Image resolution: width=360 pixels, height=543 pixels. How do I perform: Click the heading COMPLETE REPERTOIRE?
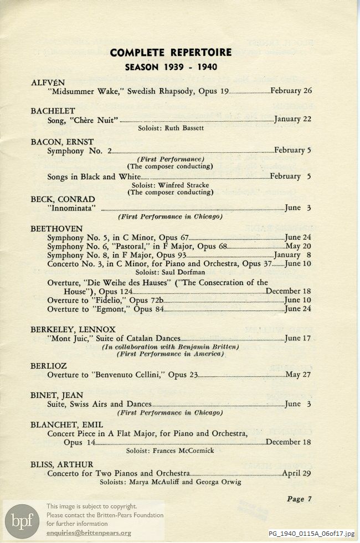tap(171, 53)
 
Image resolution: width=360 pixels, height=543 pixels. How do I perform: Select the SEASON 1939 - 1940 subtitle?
tap(171, 68)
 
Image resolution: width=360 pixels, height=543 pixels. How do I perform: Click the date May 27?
tap(299, 375)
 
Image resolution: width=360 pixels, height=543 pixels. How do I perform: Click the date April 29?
tap(297, 473)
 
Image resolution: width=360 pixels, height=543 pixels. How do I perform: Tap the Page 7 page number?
tap(300, 499)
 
